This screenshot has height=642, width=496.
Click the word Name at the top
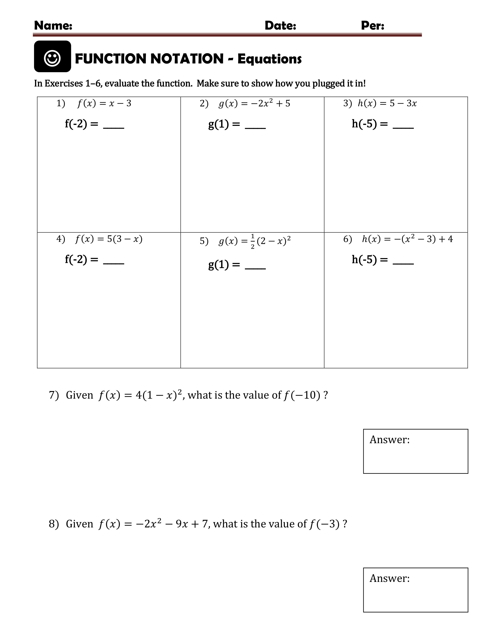[53, 25]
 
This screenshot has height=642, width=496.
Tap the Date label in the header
[280, 25]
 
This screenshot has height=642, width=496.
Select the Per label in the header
[372, 25]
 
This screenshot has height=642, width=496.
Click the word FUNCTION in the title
[112, 59]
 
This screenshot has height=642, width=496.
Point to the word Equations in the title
[269, 59]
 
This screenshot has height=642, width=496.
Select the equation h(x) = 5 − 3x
[387, 103]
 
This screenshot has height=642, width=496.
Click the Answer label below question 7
[389, 439]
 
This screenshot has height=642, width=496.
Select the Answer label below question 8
[389, 578]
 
